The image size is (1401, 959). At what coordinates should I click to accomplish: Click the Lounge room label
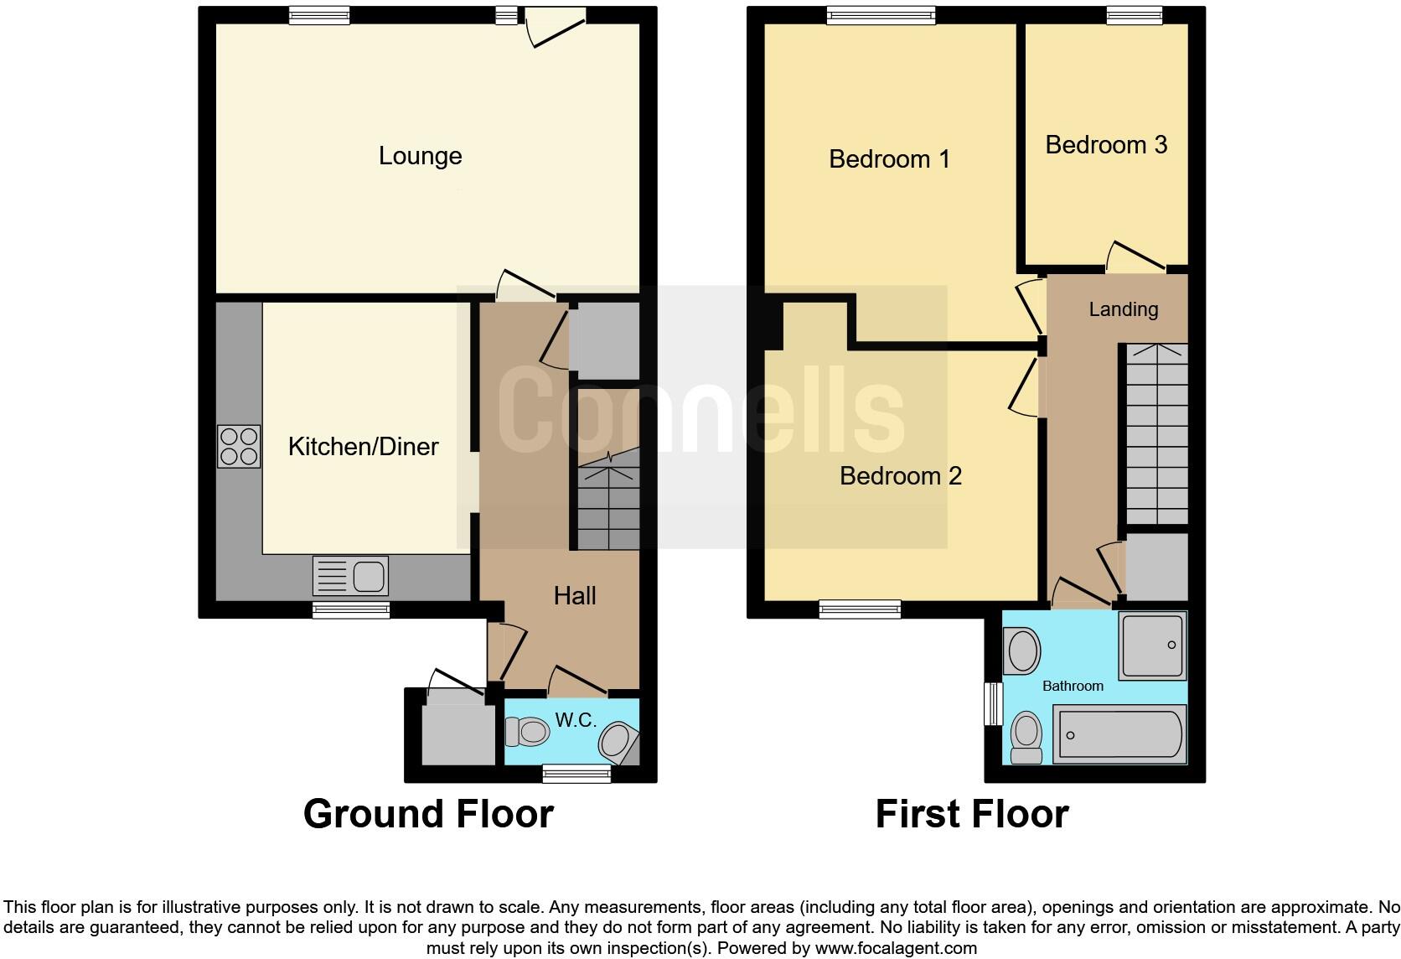click(x=420, y=156)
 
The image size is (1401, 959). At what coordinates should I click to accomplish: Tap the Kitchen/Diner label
click(x=363, y=446)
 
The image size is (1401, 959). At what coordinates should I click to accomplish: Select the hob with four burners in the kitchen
click(x=239, y=446)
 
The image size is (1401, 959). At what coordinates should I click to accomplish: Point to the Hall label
click(x=575, y=596)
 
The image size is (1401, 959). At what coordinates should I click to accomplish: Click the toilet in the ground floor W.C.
click(x=527, y=732)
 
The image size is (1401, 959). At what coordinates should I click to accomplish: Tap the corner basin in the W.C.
click(x=618, y=741)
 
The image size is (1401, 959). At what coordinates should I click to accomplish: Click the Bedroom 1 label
click(x=889, y=159)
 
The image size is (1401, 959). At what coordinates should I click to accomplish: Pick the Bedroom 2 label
click(x=900, y=476)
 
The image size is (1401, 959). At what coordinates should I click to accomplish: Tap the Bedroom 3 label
click(x=1106, y=145)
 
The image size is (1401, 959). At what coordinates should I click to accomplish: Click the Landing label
click(x=1123, y=309)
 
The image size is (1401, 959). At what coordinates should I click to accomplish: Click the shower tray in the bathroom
click(x=1152, y=645)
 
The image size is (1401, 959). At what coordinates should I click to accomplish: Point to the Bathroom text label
click(x=1073, y=686)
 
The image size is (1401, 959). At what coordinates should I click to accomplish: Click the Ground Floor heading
click(x=428, y=814)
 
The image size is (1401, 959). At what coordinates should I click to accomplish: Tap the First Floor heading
click(x=971, y=814)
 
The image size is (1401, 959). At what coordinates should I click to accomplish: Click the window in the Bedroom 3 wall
click(x=1134, y=14)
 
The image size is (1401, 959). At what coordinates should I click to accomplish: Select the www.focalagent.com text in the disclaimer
click(x=896, y=949)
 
